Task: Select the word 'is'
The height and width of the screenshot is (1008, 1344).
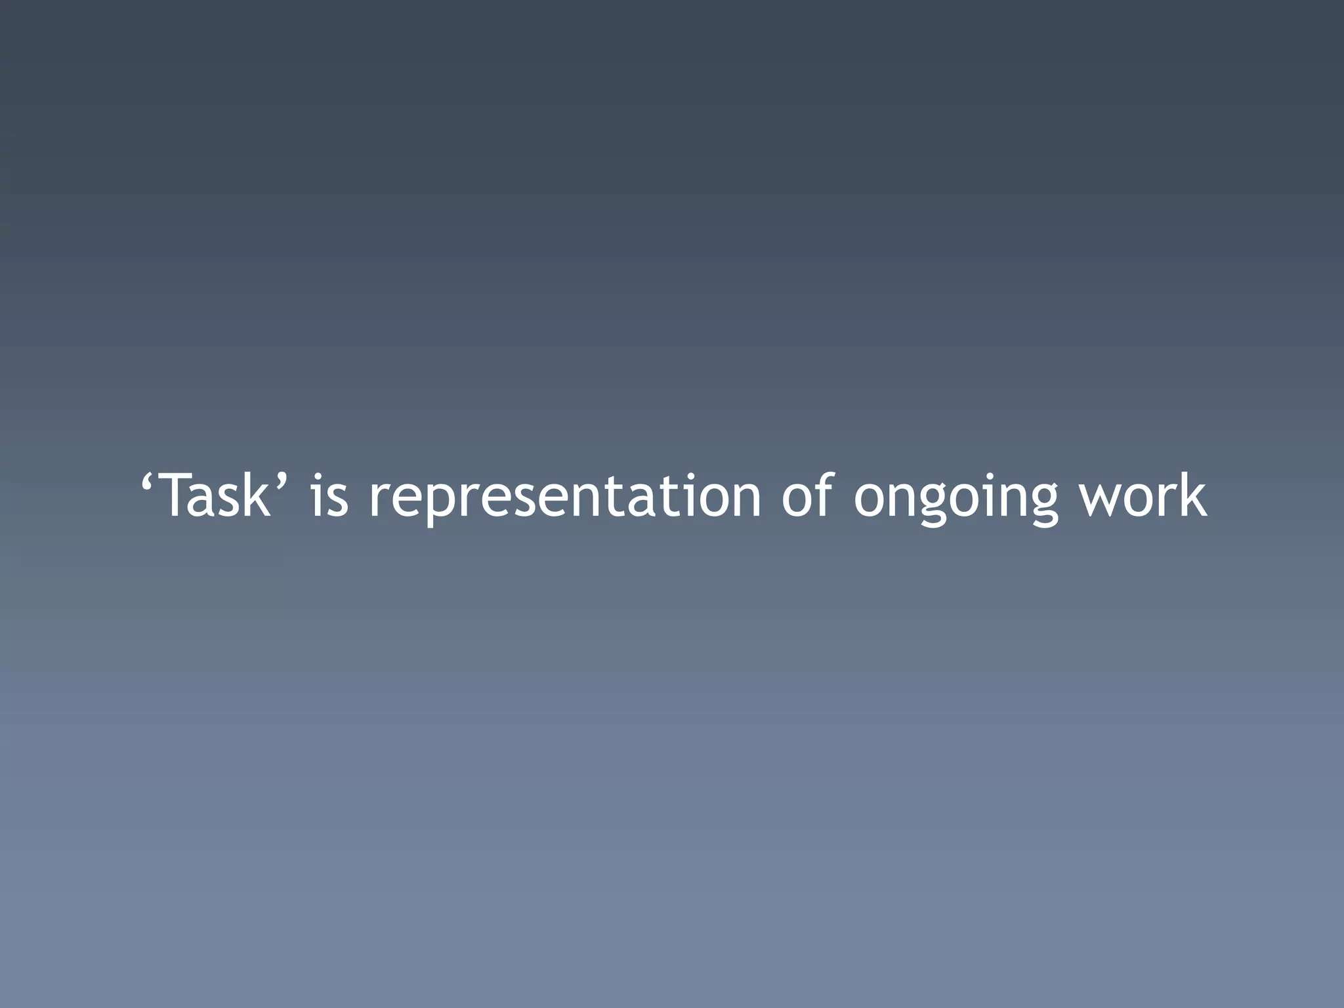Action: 329,497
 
